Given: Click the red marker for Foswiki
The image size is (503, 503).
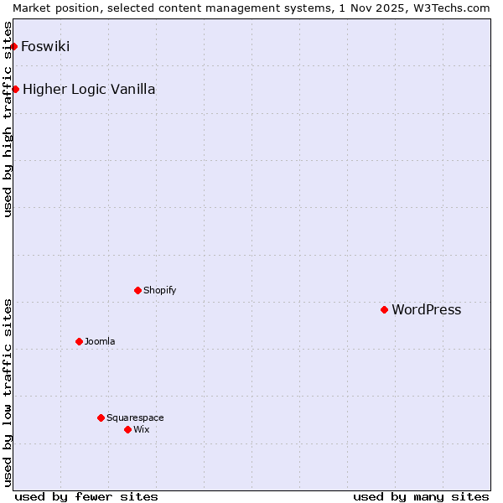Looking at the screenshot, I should (x=14, y=46).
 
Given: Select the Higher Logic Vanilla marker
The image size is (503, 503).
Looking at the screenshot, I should (x=15, y=89).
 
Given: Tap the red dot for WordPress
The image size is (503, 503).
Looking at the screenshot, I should (x=385, y=309).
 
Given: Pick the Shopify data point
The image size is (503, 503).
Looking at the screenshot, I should (x=137, y=290).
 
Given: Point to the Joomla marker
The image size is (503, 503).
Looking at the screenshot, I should (x=79, y=341).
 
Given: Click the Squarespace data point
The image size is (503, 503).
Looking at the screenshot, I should (x=101, y=417).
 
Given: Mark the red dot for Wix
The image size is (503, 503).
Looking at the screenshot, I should (x=127, y=429).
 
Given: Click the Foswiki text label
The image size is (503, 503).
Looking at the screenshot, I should (x=45, y=46).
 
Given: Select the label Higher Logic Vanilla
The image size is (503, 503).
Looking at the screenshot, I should (x=89, y=89).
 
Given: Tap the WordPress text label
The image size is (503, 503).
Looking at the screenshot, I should (x=427, y=309).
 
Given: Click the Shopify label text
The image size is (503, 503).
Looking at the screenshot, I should (x=159, y=290).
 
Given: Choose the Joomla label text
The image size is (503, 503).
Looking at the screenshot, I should (x=100, y=341).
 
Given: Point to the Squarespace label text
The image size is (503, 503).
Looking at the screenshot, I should (x=135, y=417).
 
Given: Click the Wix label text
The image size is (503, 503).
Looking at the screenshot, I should (x=142, y=429).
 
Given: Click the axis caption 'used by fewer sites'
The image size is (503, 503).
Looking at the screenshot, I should (x=86, y=496).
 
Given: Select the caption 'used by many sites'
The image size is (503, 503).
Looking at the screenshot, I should (x=421, y=496).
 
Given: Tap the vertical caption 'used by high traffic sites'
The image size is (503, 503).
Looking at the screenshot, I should (x=8, y=119).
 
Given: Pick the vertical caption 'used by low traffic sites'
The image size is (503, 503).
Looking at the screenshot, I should (x=8, y=392).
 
